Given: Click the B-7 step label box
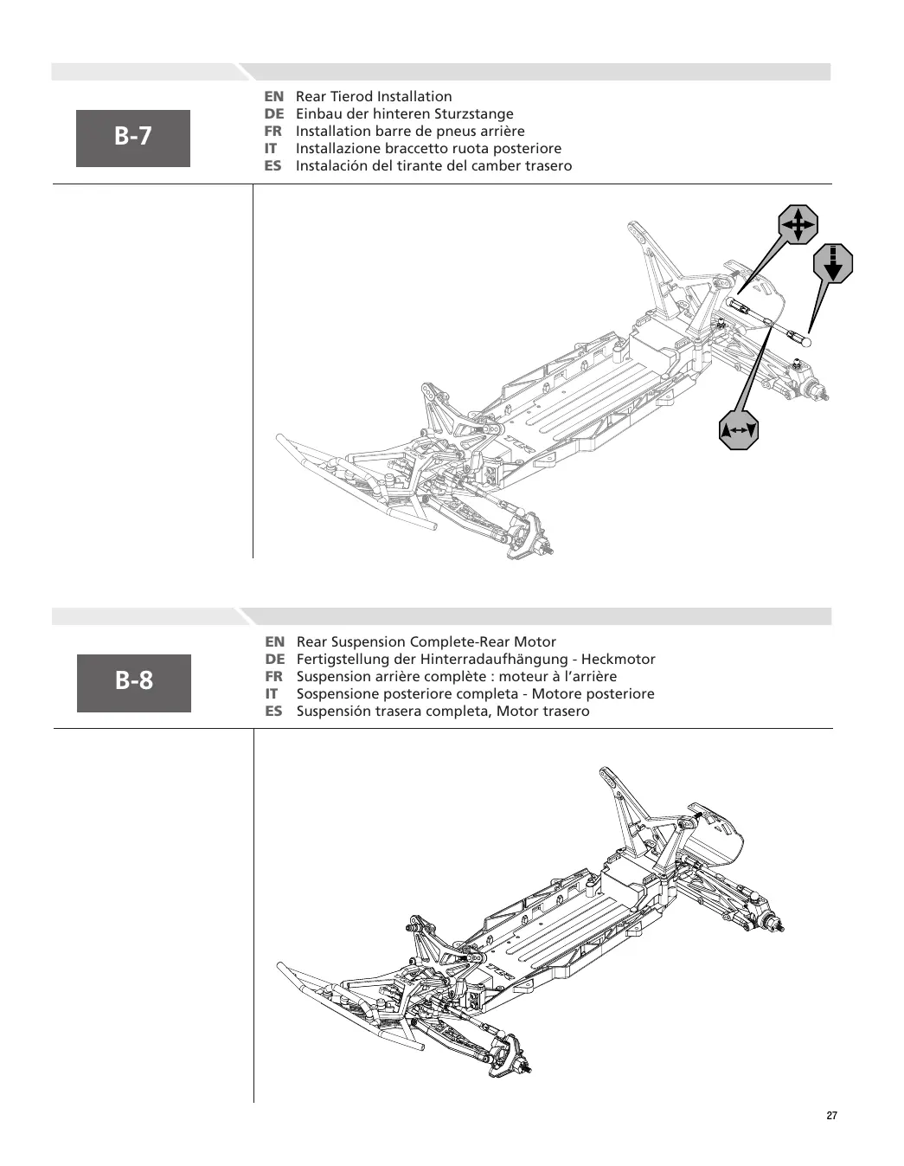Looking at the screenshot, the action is pos(133,139).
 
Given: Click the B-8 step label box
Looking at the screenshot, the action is pos(134,683).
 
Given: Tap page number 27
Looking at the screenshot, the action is pos(831,1116).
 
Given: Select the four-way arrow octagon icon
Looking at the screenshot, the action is pos(798,224).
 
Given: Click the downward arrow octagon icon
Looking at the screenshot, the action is pos(833,263).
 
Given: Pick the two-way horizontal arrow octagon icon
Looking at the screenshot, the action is pos(738,430).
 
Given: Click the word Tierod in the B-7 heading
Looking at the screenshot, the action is pos(351,97).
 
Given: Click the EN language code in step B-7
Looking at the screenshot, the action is pos(274,97).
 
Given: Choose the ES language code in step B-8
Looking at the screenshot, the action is pos(273,711).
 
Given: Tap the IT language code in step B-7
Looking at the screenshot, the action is pos(271,149).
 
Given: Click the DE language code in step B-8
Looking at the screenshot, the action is pos(274,659).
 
